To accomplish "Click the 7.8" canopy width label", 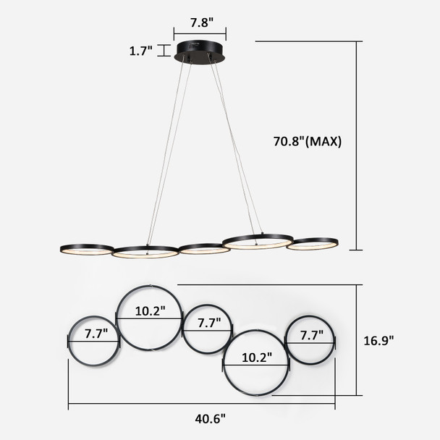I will tap(200, 22).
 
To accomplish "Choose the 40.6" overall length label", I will tap(211, 418).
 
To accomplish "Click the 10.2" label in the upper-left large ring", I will tap(151, 310).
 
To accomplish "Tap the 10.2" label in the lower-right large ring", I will tap(256, 357).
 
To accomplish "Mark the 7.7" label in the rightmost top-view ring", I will tap(310, 336).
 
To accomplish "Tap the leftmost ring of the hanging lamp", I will tap(87, 249).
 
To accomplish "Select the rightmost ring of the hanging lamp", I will tap(312, 244).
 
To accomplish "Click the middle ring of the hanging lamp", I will tap(204, 249).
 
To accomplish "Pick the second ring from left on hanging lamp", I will tap(145, 253).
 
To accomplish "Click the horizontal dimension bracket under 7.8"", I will tap(200, 33).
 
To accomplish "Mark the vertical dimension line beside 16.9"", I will tap(357, 340).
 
